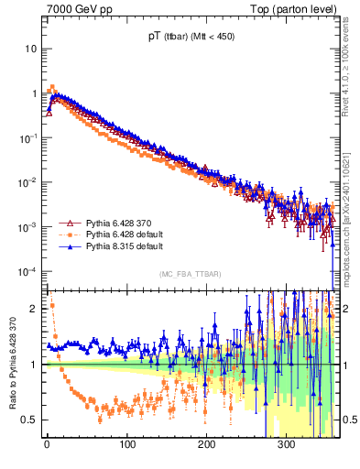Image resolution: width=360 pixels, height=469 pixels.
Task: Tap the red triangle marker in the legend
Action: coord(66,224)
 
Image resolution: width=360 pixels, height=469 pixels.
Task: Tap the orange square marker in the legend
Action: coord(66,235)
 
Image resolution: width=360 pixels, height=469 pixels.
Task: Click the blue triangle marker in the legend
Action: coord(66,247)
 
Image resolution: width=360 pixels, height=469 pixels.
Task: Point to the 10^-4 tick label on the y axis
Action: coord(28,271)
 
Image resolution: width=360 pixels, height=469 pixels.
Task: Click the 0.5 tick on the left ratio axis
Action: coord(29,420)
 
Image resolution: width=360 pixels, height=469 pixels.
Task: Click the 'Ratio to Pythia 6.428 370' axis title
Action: coord(11,365)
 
